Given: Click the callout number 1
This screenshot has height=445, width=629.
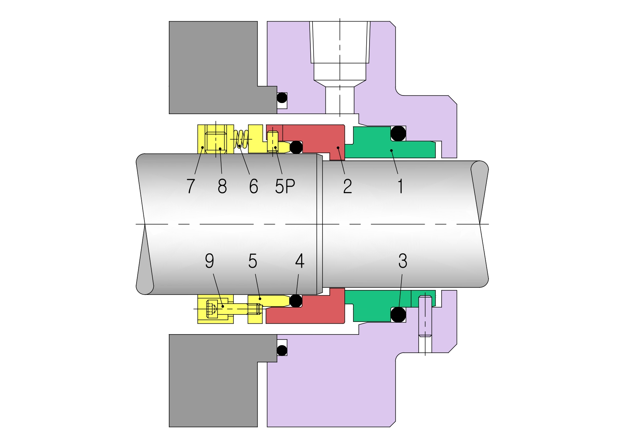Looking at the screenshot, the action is click(400, 186).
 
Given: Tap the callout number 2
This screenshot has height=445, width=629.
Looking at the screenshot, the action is click(347, 186).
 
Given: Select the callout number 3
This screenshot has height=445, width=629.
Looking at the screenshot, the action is click(402, 261).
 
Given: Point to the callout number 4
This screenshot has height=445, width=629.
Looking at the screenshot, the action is click(300, 261).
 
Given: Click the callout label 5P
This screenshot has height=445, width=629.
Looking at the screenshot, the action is click(285, 186).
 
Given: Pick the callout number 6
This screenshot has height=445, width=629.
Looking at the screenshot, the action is click(253, 186).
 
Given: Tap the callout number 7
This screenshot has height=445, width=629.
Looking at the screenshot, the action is click(191, 186).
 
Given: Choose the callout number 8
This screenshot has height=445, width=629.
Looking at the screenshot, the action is click(222, 186).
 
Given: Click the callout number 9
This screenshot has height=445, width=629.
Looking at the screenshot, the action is click(209, 261).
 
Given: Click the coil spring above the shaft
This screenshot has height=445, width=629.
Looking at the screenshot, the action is click(241, 139).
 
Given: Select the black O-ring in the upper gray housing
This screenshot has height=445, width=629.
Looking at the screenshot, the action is click(282, 98).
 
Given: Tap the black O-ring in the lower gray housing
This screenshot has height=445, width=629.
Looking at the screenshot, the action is click(282, 350).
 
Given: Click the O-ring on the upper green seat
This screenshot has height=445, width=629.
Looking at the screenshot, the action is click(398, 133).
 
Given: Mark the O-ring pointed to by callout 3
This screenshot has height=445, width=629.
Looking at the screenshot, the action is click(398, 315).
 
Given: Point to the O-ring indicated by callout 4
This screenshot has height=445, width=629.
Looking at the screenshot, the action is click(296, 301).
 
